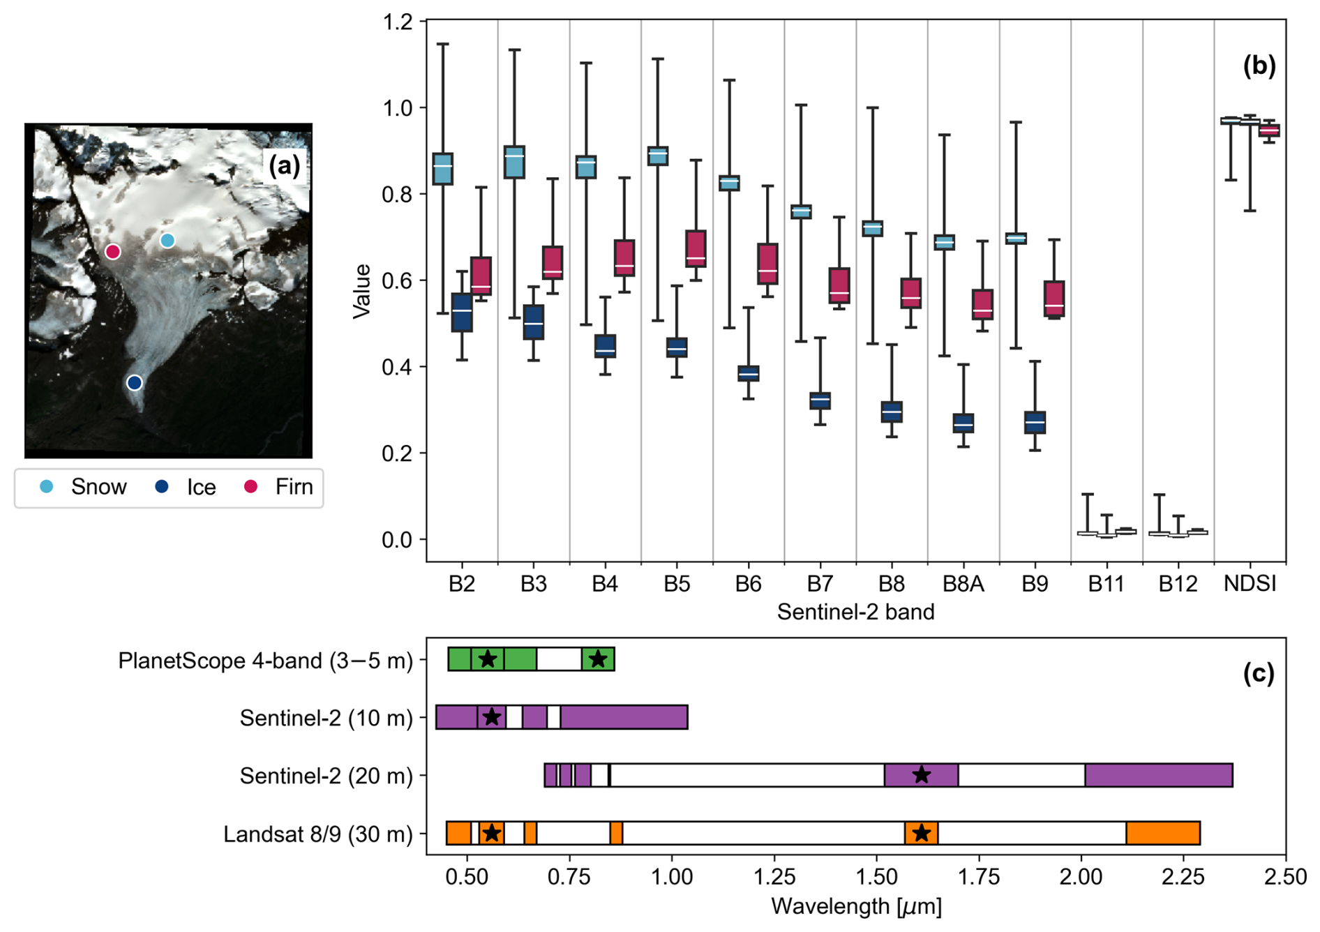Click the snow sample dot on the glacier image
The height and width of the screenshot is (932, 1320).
pyautogui.click(x=167, y=241)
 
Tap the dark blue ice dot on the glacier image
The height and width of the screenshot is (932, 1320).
pyautogui.click(x=135, y=383)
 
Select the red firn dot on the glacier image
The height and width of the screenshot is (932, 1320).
pyautogui.click(x=113, y=252)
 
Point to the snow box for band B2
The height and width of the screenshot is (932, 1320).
pyautogui.click(x=443, y=169)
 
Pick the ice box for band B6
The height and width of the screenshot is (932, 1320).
pyautogui.click(x=749, y=373)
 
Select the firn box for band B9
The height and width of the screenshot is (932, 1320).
pyautogui.click(x=1054, y=299)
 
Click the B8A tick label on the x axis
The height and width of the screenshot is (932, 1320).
pyautogui.click(x=963, y=584)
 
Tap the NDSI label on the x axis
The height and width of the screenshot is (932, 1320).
pyautogui.click(x=1250, y=584)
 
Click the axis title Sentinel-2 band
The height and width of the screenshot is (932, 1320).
pyautogui.click(x=856, y=612)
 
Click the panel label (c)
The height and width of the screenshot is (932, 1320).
pyautogui.click(x=1259, y=673)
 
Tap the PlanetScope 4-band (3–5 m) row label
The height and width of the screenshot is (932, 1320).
pyautogui.click(x=266, y=661)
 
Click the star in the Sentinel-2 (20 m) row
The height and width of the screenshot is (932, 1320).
pyautogui.click(x=922, y=774)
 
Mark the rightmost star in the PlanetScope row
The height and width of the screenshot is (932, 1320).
pyautogui.click(x=598, y=659)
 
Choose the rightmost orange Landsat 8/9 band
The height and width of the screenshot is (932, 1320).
pyautogui.click(x=1163, y=833)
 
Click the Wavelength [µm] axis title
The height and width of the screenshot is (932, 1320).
pyautogui.click(x=856, y=907)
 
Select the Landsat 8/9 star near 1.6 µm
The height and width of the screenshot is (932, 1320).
pyautogui.click(x=922, y=833)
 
